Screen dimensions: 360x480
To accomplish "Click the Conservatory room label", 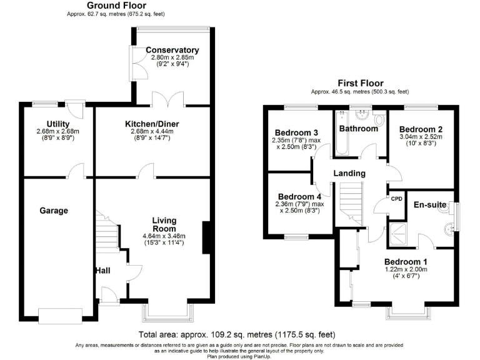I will (x=172, y=50).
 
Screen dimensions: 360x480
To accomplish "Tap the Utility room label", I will (x=57, y=124).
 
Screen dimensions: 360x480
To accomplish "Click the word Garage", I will (x=55, y=211).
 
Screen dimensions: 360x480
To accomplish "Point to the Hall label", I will (x=103, y=271).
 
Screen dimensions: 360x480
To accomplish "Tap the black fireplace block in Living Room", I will (x=206, y=238).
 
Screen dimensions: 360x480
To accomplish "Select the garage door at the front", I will (x=60, y=314).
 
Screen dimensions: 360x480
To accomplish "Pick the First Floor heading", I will (x=360, y=83).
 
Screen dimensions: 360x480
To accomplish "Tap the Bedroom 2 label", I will (x=422, y=128).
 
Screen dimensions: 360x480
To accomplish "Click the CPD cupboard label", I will (x=396, y=199).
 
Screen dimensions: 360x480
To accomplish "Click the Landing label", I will (x=348, y=173).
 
